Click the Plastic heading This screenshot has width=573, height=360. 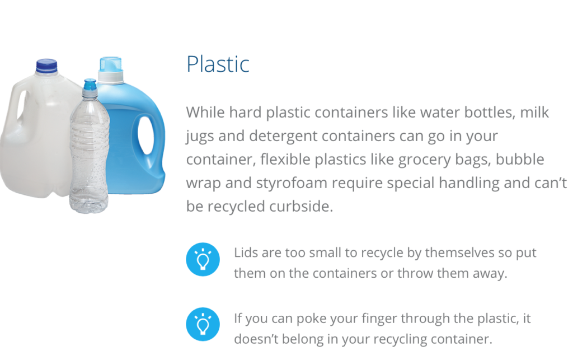pyautogui.click(x=218, y=64)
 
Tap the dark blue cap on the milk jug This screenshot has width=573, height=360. pyautogui.click(x=46, y=66)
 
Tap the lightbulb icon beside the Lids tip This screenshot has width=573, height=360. pyautogui.click(x=203, y=259)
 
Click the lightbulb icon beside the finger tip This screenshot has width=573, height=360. pyautogui.click(x=203, y=324)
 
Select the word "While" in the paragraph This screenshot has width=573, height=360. pyautogui.click(x=205, y=112)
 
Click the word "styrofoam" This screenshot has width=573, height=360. pyautogui.click(x=291, y=183)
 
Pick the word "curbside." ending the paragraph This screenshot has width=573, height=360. pyautogui.click(x=301, y=206)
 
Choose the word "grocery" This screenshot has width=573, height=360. pyautogui.click(x=424, y=160)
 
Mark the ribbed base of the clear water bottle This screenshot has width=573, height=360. pyautogui.click(x=89, y=203)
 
